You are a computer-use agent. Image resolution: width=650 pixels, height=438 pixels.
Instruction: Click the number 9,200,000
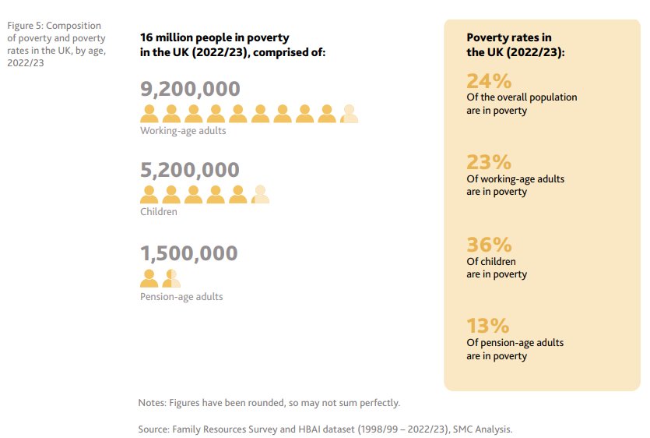pos(190,89)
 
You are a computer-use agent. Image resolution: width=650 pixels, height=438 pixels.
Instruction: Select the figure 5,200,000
pos(190,170)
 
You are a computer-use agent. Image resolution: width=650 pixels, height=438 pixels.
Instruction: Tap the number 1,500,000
pos(189,253)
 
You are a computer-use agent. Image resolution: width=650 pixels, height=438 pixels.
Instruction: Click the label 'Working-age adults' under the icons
pos(183,131)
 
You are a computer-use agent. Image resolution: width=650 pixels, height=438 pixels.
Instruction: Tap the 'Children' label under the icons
pos(159,212)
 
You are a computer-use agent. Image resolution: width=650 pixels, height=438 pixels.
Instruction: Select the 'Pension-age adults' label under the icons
pos(181,297)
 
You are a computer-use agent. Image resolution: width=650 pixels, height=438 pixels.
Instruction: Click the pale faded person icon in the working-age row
pos(350,114)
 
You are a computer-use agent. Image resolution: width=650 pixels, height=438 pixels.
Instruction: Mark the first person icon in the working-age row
pos(149,114)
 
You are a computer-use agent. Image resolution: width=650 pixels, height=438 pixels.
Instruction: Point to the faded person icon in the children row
pos(261,195)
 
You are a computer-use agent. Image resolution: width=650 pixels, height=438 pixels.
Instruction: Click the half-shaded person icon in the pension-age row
pos(171,278)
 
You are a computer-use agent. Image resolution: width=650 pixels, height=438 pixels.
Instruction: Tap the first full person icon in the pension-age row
pos(149,278)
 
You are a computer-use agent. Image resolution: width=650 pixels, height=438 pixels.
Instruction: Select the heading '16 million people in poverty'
pos(214,37)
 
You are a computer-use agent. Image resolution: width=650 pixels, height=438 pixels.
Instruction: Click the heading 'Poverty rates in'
pos(509,37)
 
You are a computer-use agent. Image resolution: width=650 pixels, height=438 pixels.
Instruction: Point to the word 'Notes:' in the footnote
pos(153,403)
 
